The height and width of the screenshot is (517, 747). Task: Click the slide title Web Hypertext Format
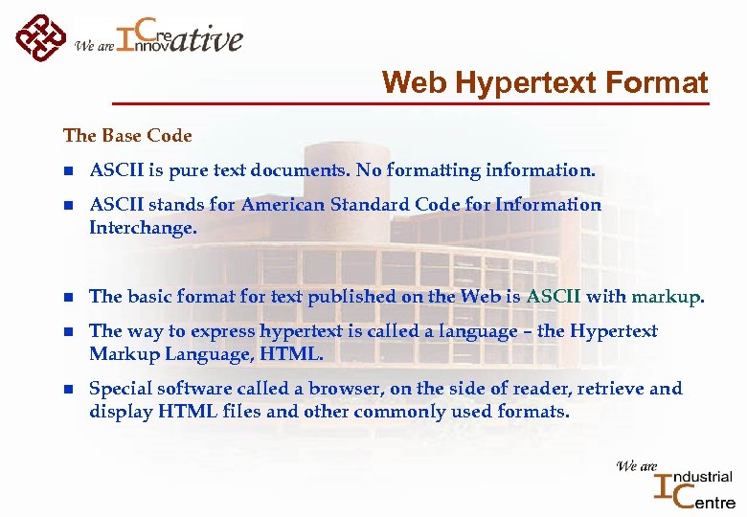[x=545, y=83]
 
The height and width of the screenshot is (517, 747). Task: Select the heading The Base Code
[x=127, y=136]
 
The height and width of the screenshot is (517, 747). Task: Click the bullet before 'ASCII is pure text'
[x=68, y=171]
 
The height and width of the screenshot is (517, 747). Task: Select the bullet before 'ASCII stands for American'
[x=68, y=205]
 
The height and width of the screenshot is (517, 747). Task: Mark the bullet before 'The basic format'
[x=68, y=297]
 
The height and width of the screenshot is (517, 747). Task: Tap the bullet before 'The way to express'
[x=68, y=331]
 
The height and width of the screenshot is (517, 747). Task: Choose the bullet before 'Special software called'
[x=68, y=389]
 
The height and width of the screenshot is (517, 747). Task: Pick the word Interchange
[x=142, y=228]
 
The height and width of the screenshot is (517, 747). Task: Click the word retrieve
[x=618, y=389]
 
